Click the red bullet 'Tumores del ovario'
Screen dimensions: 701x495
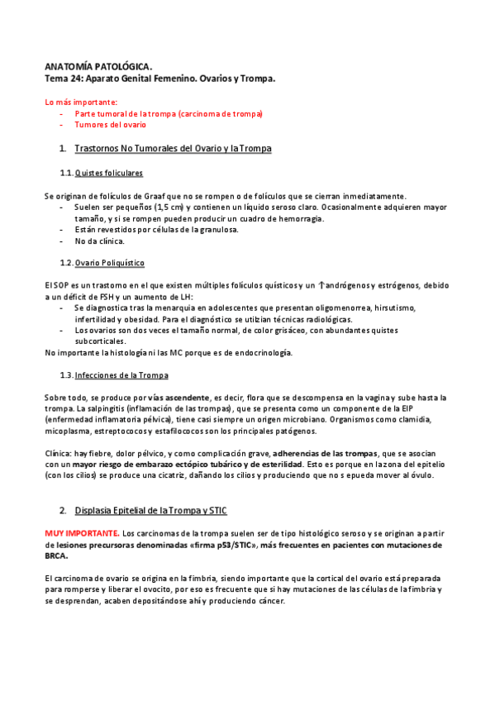coord(111,125)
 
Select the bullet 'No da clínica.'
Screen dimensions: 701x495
coord(99,241)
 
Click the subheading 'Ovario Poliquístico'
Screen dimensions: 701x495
coord(110,263)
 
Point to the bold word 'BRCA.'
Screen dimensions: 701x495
coord(58,556)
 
